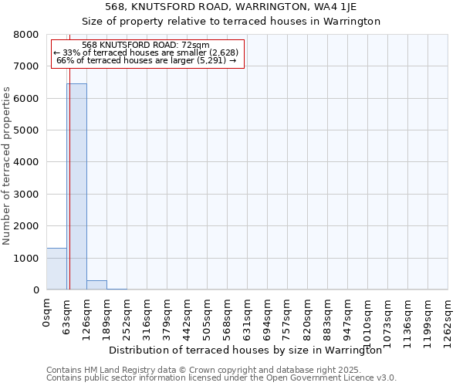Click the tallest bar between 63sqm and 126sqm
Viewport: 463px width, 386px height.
click(76, 186)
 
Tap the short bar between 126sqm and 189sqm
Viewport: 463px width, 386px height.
click(96, 285)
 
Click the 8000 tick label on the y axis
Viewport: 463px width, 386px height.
click(26, 35)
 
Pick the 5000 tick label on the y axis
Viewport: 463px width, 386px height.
click(26, 130)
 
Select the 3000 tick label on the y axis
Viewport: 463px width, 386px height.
click(26, 195)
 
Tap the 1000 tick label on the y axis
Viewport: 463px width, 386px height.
click(26, 259)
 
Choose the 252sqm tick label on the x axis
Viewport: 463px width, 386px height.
click(127, 317)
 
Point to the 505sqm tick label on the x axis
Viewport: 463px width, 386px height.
click(208, 317)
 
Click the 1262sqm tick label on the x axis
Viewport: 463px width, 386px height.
click(448, 320)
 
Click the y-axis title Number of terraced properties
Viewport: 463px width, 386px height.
click(7, 165)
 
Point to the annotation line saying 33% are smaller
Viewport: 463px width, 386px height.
click(147, 52)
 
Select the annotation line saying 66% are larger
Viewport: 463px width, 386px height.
click(147, 60)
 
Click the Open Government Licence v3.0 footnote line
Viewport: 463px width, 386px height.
click(221, 378)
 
